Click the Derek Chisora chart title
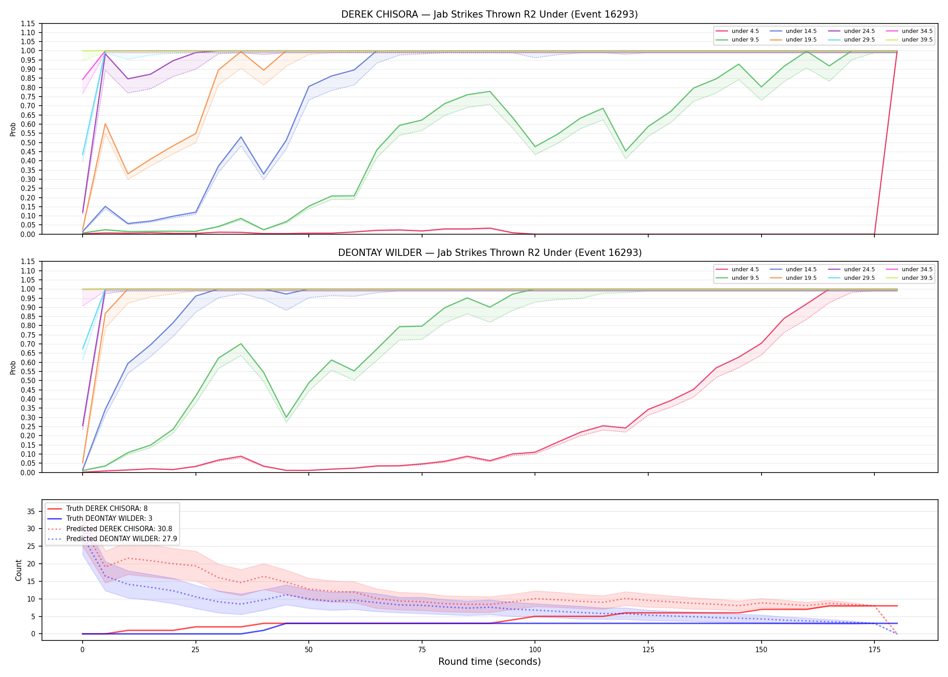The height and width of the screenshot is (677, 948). pos(489,14)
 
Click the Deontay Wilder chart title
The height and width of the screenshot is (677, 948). pos(490,253)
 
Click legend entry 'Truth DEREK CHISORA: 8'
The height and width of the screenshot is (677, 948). pos(107,509)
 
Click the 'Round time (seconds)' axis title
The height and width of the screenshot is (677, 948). pos(489,662)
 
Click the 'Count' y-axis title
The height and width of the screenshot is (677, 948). pos(19,570)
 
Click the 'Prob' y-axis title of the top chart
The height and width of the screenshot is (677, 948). pos(13,129)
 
